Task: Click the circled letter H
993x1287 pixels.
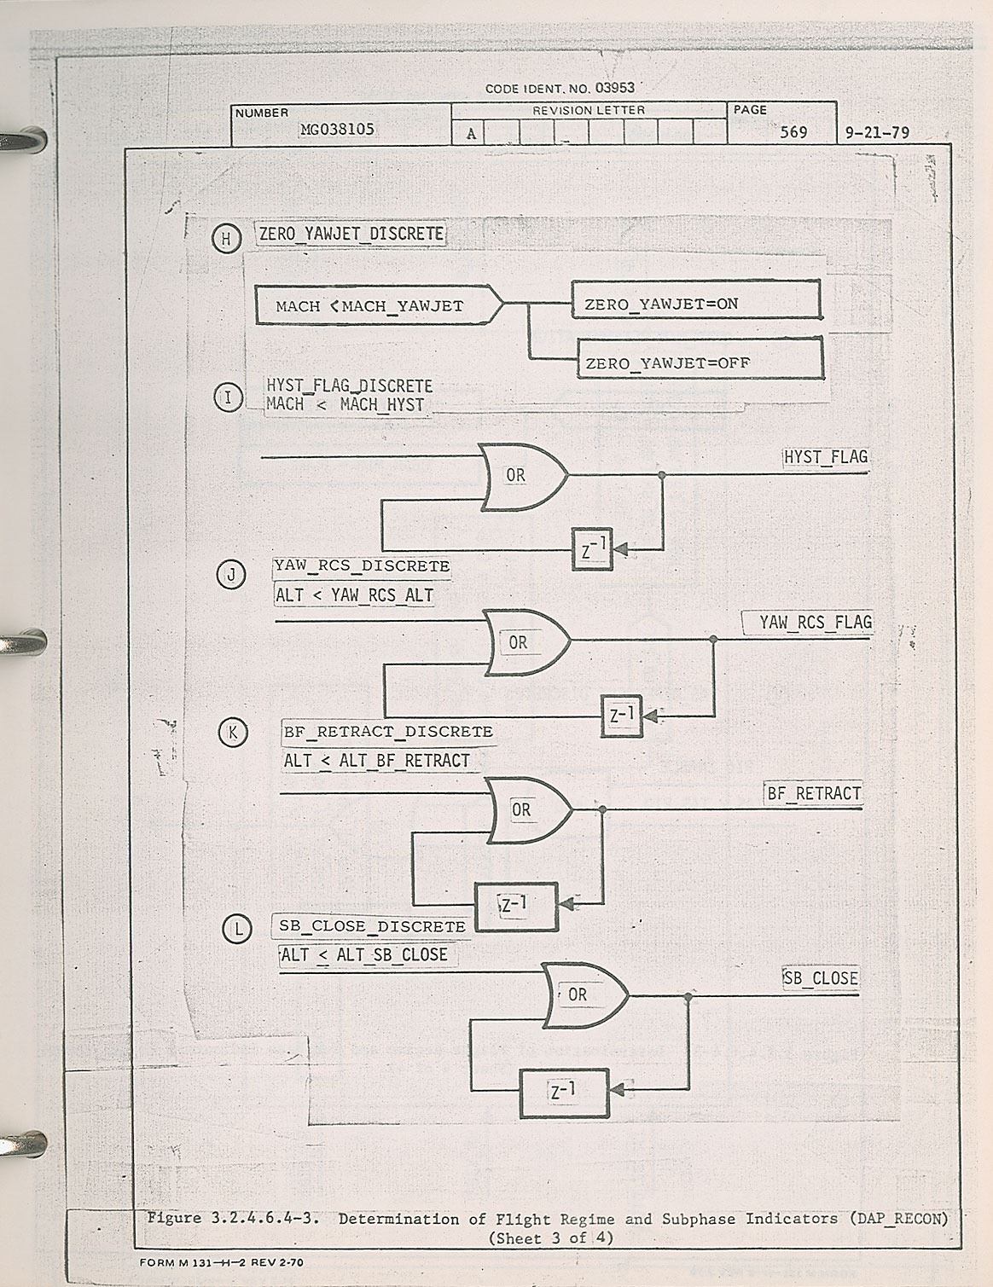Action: pyautogui.click(x=226, y=240)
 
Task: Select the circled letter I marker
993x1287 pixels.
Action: pyautogui.click(x=229, y=397)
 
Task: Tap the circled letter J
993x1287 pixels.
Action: pyautogui.click(x=231, y=575)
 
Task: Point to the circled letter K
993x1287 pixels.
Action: pyautogui.click(x=233, y=733)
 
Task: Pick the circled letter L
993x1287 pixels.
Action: pyautogui.click(x=237, y=928)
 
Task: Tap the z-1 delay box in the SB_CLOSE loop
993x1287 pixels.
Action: pyautogui.click(x=563, y=1093)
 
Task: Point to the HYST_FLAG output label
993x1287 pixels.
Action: pyautogui.click(x=825, y=457)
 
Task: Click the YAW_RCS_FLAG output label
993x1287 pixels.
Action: pyautogui.click(x=816, y=623)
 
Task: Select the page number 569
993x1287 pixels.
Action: pyautogui.click(x=793, y=132)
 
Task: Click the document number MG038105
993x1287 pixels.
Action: pyautogui.click(x=337, y=130)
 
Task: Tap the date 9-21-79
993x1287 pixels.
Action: pyautogui.click(x=877, y=133)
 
